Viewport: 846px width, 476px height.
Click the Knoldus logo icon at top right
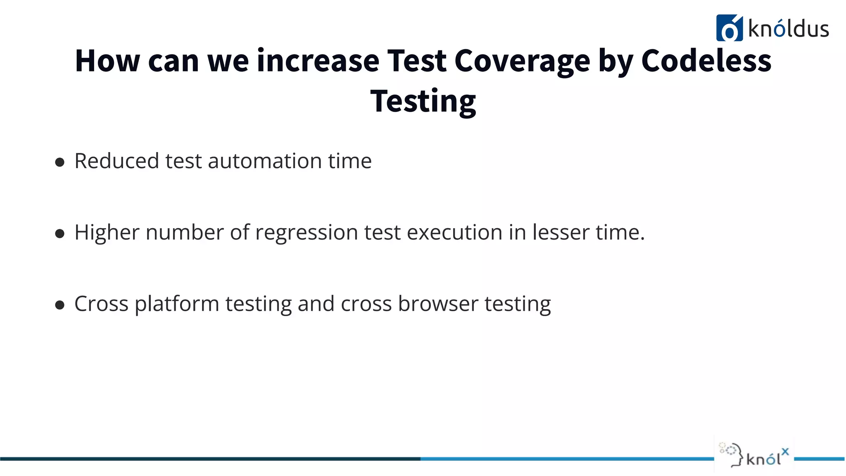click(x=729, y=28)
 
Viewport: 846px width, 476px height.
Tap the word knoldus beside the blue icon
click(x=788, y=29)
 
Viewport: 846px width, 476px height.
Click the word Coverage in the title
click(x=522, y=61)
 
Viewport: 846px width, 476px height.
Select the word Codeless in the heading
click(x=706, y=61)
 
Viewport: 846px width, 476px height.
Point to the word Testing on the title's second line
click(x=423, y=101)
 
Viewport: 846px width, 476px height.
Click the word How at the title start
click(x=107, y=61)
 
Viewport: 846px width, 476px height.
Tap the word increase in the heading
click(x=318, y=61)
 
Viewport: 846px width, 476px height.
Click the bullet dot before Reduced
click(x=60, y=162)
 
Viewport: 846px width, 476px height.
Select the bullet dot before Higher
click(x=60, y=233)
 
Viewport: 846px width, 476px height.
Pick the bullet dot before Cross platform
click(x=60, y=305)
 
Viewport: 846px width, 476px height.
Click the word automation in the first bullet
click(x=265, y=161)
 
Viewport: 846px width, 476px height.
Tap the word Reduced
click(x=116, y=161)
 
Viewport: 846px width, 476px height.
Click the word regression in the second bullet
click(x=306, y=233)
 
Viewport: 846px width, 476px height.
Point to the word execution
click(x=454, y=233)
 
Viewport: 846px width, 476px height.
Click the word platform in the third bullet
click(x=177, y=304)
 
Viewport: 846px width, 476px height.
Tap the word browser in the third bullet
click(x=438, y=304)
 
